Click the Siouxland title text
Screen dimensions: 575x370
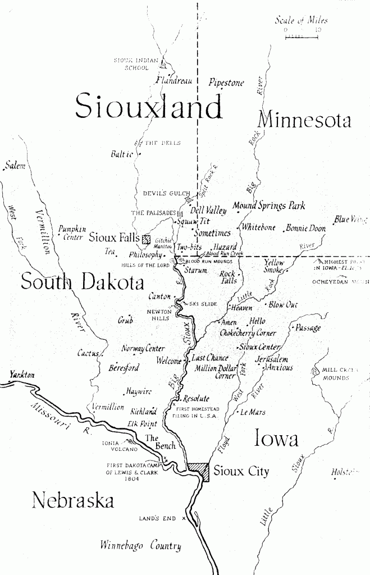148,107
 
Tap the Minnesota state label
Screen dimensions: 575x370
304,120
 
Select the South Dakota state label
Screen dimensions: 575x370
82,282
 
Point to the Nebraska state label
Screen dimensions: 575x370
72,499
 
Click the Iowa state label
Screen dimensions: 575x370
276,439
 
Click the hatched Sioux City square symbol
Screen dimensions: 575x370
198,471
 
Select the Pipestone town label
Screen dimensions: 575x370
226,83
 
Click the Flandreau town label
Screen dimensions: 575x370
174,80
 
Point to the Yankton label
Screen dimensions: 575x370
22,375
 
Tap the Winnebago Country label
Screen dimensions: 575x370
140,545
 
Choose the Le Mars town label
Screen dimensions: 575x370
253,412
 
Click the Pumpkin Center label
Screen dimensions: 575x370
72,233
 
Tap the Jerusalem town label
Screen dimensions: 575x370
272,359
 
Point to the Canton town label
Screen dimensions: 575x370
159,296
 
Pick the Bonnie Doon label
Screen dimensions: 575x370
305,229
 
